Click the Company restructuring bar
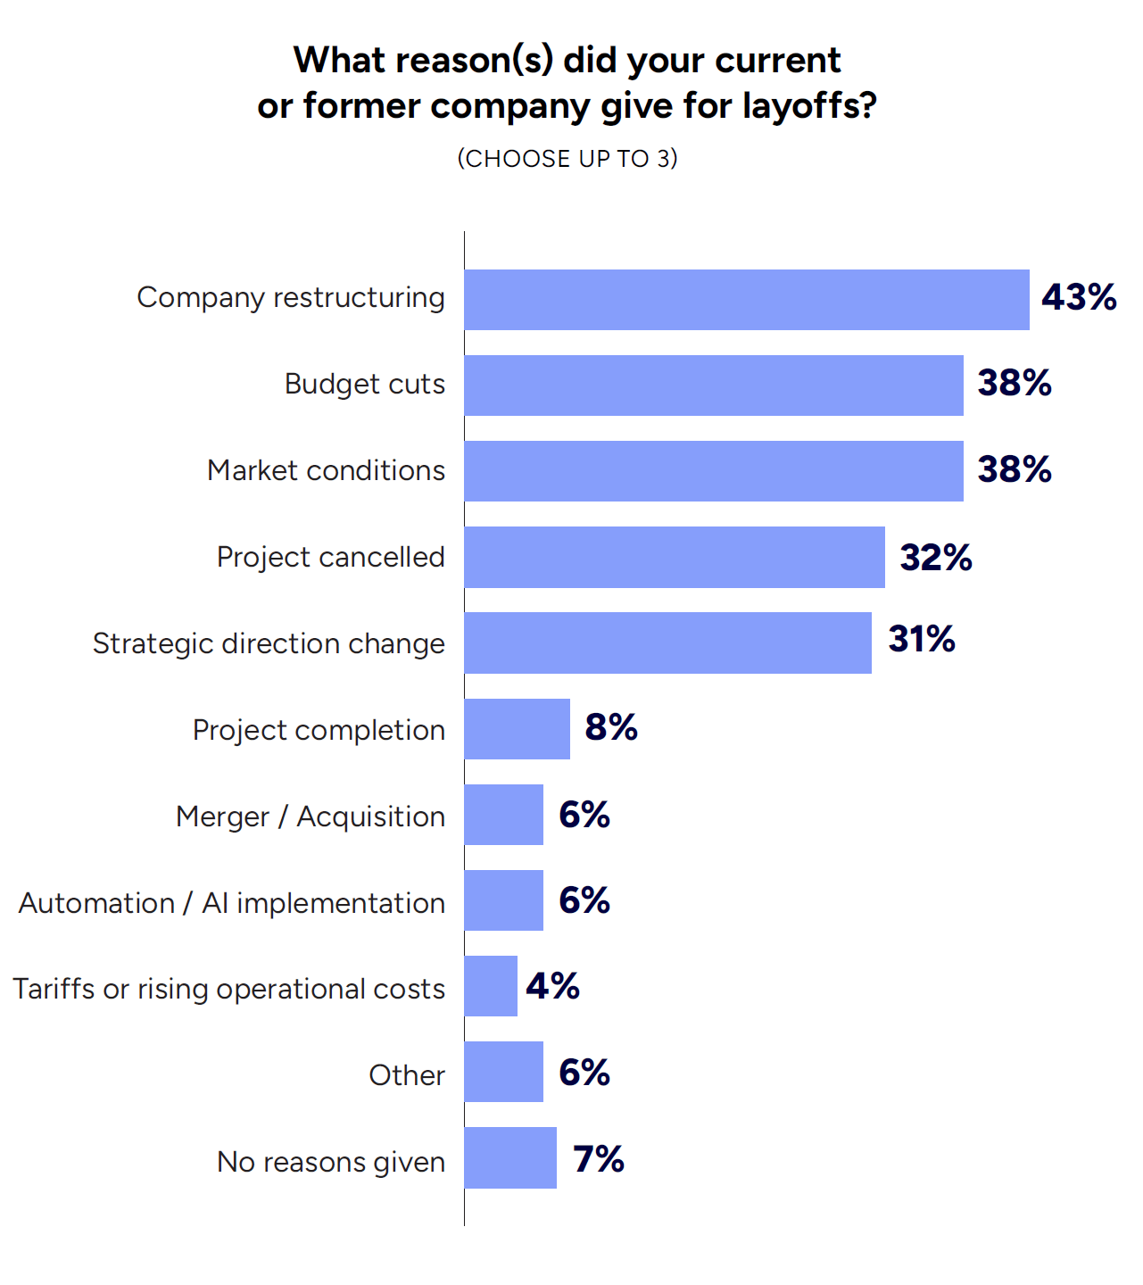tap(746, 300)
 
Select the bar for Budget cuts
tap(713, 385)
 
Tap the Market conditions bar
tap(713, 471)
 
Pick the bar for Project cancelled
tap(674, 557)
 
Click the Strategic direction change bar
tap(667, 642)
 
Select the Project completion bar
tap(517, 729)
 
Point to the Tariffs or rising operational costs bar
tap(491, 986)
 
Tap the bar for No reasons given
tap(510, 1157)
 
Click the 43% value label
tap(1079, 298)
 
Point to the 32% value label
tap(936, 558)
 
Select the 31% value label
tap(922, 640)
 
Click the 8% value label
tap(611, 728)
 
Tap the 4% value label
tap(552, 987)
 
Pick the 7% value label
tap(598, 1159)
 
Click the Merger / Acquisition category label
tap(311, 817)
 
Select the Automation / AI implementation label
tap(232, 903)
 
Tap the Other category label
tap(407, 1075)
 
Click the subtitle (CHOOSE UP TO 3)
tap(567, 159)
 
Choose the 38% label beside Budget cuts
tap(1015, 384)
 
